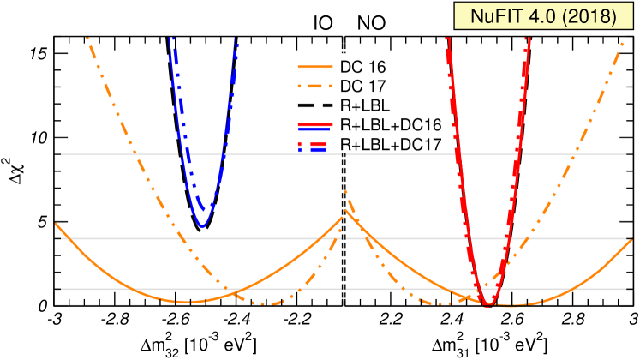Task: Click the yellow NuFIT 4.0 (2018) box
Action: click(x=544, y=16)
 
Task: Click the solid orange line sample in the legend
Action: click(x=314, y=67)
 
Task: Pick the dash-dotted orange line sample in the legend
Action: click(x=314, y=87)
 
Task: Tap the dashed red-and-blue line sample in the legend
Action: click(x=314, y=145)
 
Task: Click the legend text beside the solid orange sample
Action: click(x=350, y=67)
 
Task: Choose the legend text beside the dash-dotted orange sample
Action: click(x=350, y=87)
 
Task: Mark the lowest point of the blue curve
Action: click(x=202, y=227)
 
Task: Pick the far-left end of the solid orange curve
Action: click(x=56, y=224)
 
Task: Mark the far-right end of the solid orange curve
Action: click(x=632, y=239)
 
